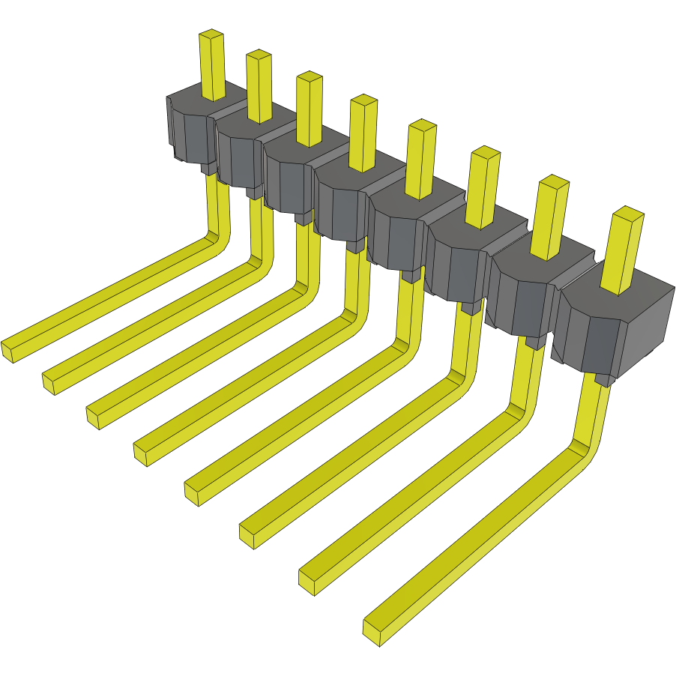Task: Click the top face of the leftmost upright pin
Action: (212, 34)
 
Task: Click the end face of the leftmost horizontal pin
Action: (7, 351)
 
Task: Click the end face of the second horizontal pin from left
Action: (49, 384)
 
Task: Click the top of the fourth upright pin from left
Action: (363, 100)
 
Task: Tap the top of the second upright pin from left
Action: (259, 55)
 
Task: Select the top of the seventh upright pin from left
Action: (555, 181)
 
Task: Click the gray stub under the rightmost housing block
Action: (602, 380)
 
